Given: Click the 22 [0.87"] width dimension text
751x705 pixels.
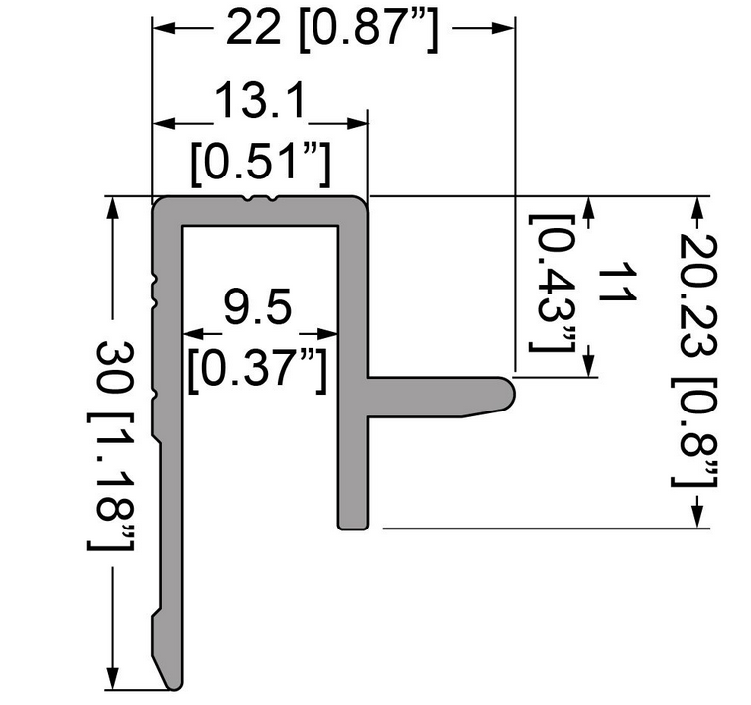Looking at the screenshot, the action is (332, 29).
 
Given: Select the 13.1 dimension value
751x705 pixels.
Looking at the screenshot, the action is (260, 101).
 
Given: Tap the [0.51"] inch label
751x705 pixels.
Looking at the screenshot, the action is (261, 162).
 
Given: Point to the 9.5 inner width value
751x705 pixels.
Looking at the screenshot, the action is (258, 306).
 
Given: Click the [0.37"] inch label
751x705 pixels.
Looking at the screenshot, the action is (258, 369).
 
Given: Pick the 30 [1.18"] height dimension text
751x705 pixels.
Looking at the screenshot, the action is (111, 445).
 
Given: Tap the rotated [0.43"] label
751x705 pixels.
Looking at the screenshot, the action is (552, 284).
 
